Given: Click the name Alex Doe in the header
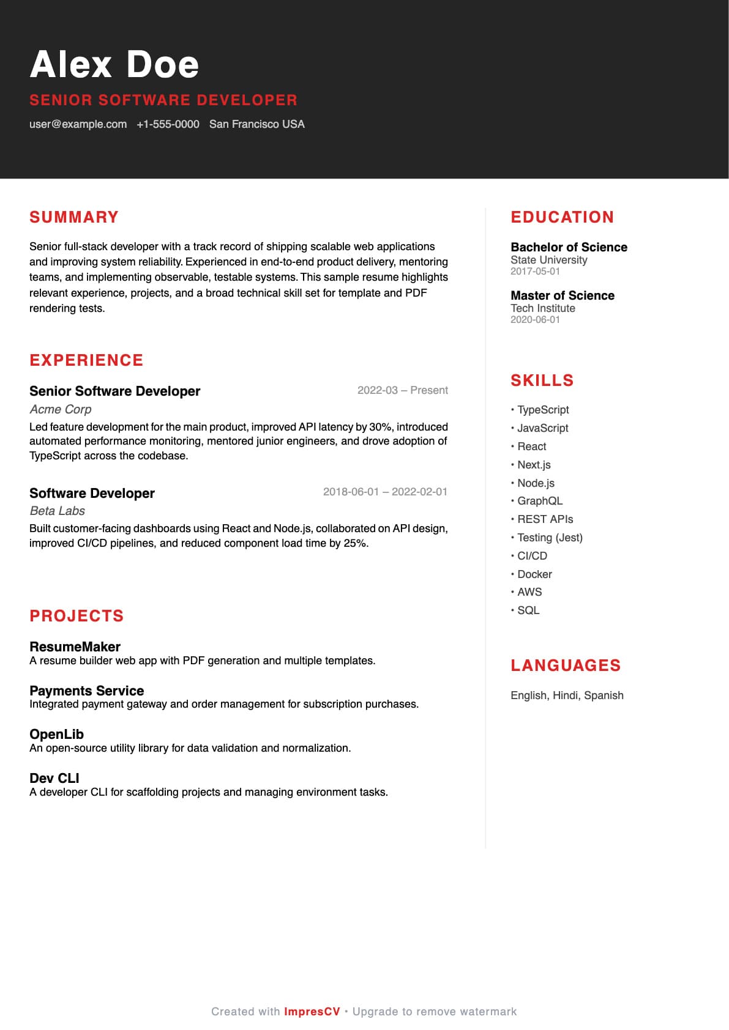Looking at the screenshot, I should (x=114, y=64).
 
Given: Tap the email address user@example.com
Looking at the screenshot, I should (x=78, y=124).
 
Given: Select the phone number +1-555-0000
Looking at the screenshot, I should (x=168, y=124).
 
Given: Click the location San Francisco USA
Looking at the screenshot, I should (x=256, y=124).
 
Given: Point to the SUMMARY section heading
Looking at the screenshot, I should (x=74, y=217).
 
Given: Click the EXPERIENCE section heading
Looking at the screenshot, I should (x=86, y=360).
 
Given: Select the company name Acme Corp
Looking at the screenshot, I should (x=61, y=409).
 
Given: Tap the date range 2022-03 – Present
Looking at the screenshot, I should (x=402, y=390).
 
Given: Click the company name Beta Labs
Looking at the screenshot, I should (x=57, y=511).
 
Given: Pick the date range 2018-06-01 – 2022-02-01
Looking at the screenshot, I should (x=385, y=492).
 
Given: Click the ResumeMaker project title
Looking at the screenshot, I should (x=75, y=647).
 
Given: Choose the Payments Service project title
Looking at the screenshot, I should (x=86, y=691).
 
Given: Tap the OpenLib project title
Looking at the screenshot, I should (x=56, y=734).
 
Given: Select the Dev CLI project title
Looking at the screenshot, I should (x=54, y=778).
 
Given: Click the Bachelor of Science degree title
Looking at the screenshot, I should (x=569, y=247).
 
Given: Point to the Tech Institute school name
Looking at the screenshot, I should (x=543, y=308).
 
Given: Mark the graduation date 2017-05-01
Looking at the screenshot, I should (x=535, y=271).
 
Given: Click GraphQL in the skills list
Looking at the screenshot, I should (x=539, y=501).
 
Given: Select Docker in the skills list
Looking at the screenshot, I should (x=534, y=574).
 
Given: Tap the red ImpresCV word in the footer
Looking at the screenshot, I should (x=312, y=1012).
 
